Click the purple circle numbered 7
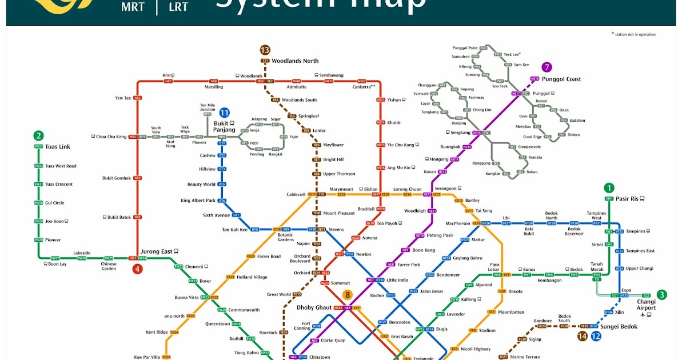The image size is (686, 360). pyautogui.click(x=547, y=67)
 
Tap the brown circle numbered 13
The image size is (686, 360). pyautogui.click(x=265, y=50)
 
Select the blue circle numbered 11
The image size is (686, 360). pyautogui.click(x=224, y=113)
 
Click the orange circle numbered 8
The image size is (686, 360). pyautogui.click(x=347, y=295)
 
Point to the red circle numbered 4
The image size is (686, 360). pyautogui.click(x=137, y=269)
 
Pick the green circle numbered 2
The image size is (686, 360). pyautogui.click(x=38, y=135)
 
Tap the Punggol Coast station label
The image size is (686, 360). pyautogui.click(x=561, y=79)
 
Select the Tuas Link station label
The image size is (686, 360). pyautogui.click(x=58, y=147)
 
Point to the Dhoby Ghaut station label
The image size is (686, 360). pyautogui.click(x=314, y=307)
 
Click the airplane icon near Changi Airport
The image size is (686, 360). pyautogui.click(x=644, y=314)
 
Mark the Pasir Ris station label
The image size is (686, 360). pyautogui.click(x=628, y=198)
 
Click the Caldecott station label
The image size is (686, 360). pyautogui.click(x=296, y=194)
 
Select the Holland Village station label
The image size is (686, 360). pyautogui.click(x=252, y=277)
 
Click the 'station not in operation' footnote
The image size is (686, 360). pyautogui.click(x=635, y=34)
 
